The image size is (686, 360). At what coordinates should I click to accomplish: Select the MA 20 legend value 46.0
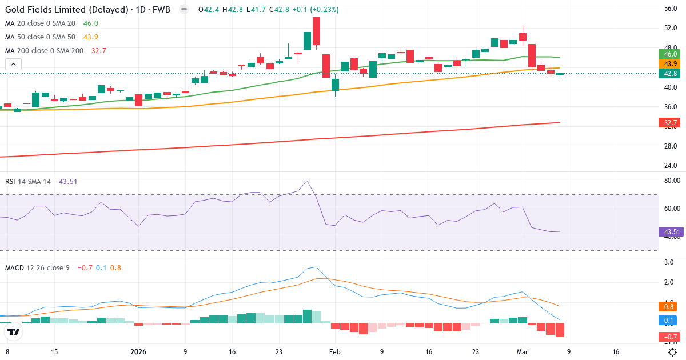pos(91,23)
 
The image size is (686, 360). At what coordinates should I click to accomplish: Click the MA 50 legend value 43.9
pos(91,37)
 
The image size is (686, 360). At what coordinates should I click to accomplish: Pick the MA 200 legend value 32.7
pos(98,51)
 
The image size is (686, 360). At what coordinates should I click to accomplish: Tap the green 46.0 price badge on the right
pos(668,54)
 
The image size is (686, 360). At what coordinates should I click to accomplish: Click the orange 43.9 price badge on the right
pos(668,63)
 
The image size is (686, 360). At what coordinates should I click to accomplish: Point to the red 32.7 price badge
pos(668,123)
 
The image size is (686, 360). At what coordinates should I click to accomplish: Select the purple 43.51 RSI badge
pos(670,232)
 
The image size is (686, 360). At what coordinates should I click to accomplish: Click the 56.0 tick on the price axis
pos(671,9)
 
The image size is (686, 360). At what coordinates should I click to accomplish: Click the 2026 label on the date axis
pos(139,352)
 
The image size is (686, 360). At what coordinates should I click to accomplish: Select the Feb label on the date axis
pos(335,352)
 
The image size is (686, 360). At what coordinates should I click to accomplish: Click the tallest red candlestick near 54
pos(316,31)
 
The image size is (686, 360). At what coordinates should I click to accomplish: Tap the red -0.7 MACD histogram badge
pos(668,337)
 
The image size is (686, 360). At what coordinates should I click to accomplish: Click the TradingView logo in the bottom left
pos(13,331)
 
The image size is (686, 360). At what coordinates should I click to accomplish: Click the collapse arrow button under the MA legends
pos(13,64)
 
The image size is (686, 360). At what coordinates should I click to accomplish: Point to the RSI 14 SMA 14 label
pos(28,182)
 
